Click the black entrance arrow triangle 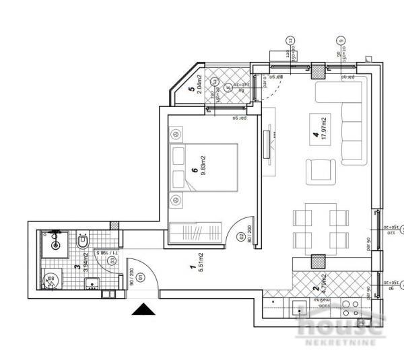coord(142,310)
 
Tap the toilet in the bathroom coord(83,240)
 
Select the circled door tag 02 coord(242,237)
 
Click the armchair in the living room coord(318,171)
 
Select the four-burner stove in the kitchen coord(350,310)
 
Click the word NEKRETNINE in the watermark coord(339,345)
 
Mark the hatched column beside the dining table coord(317,261)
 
